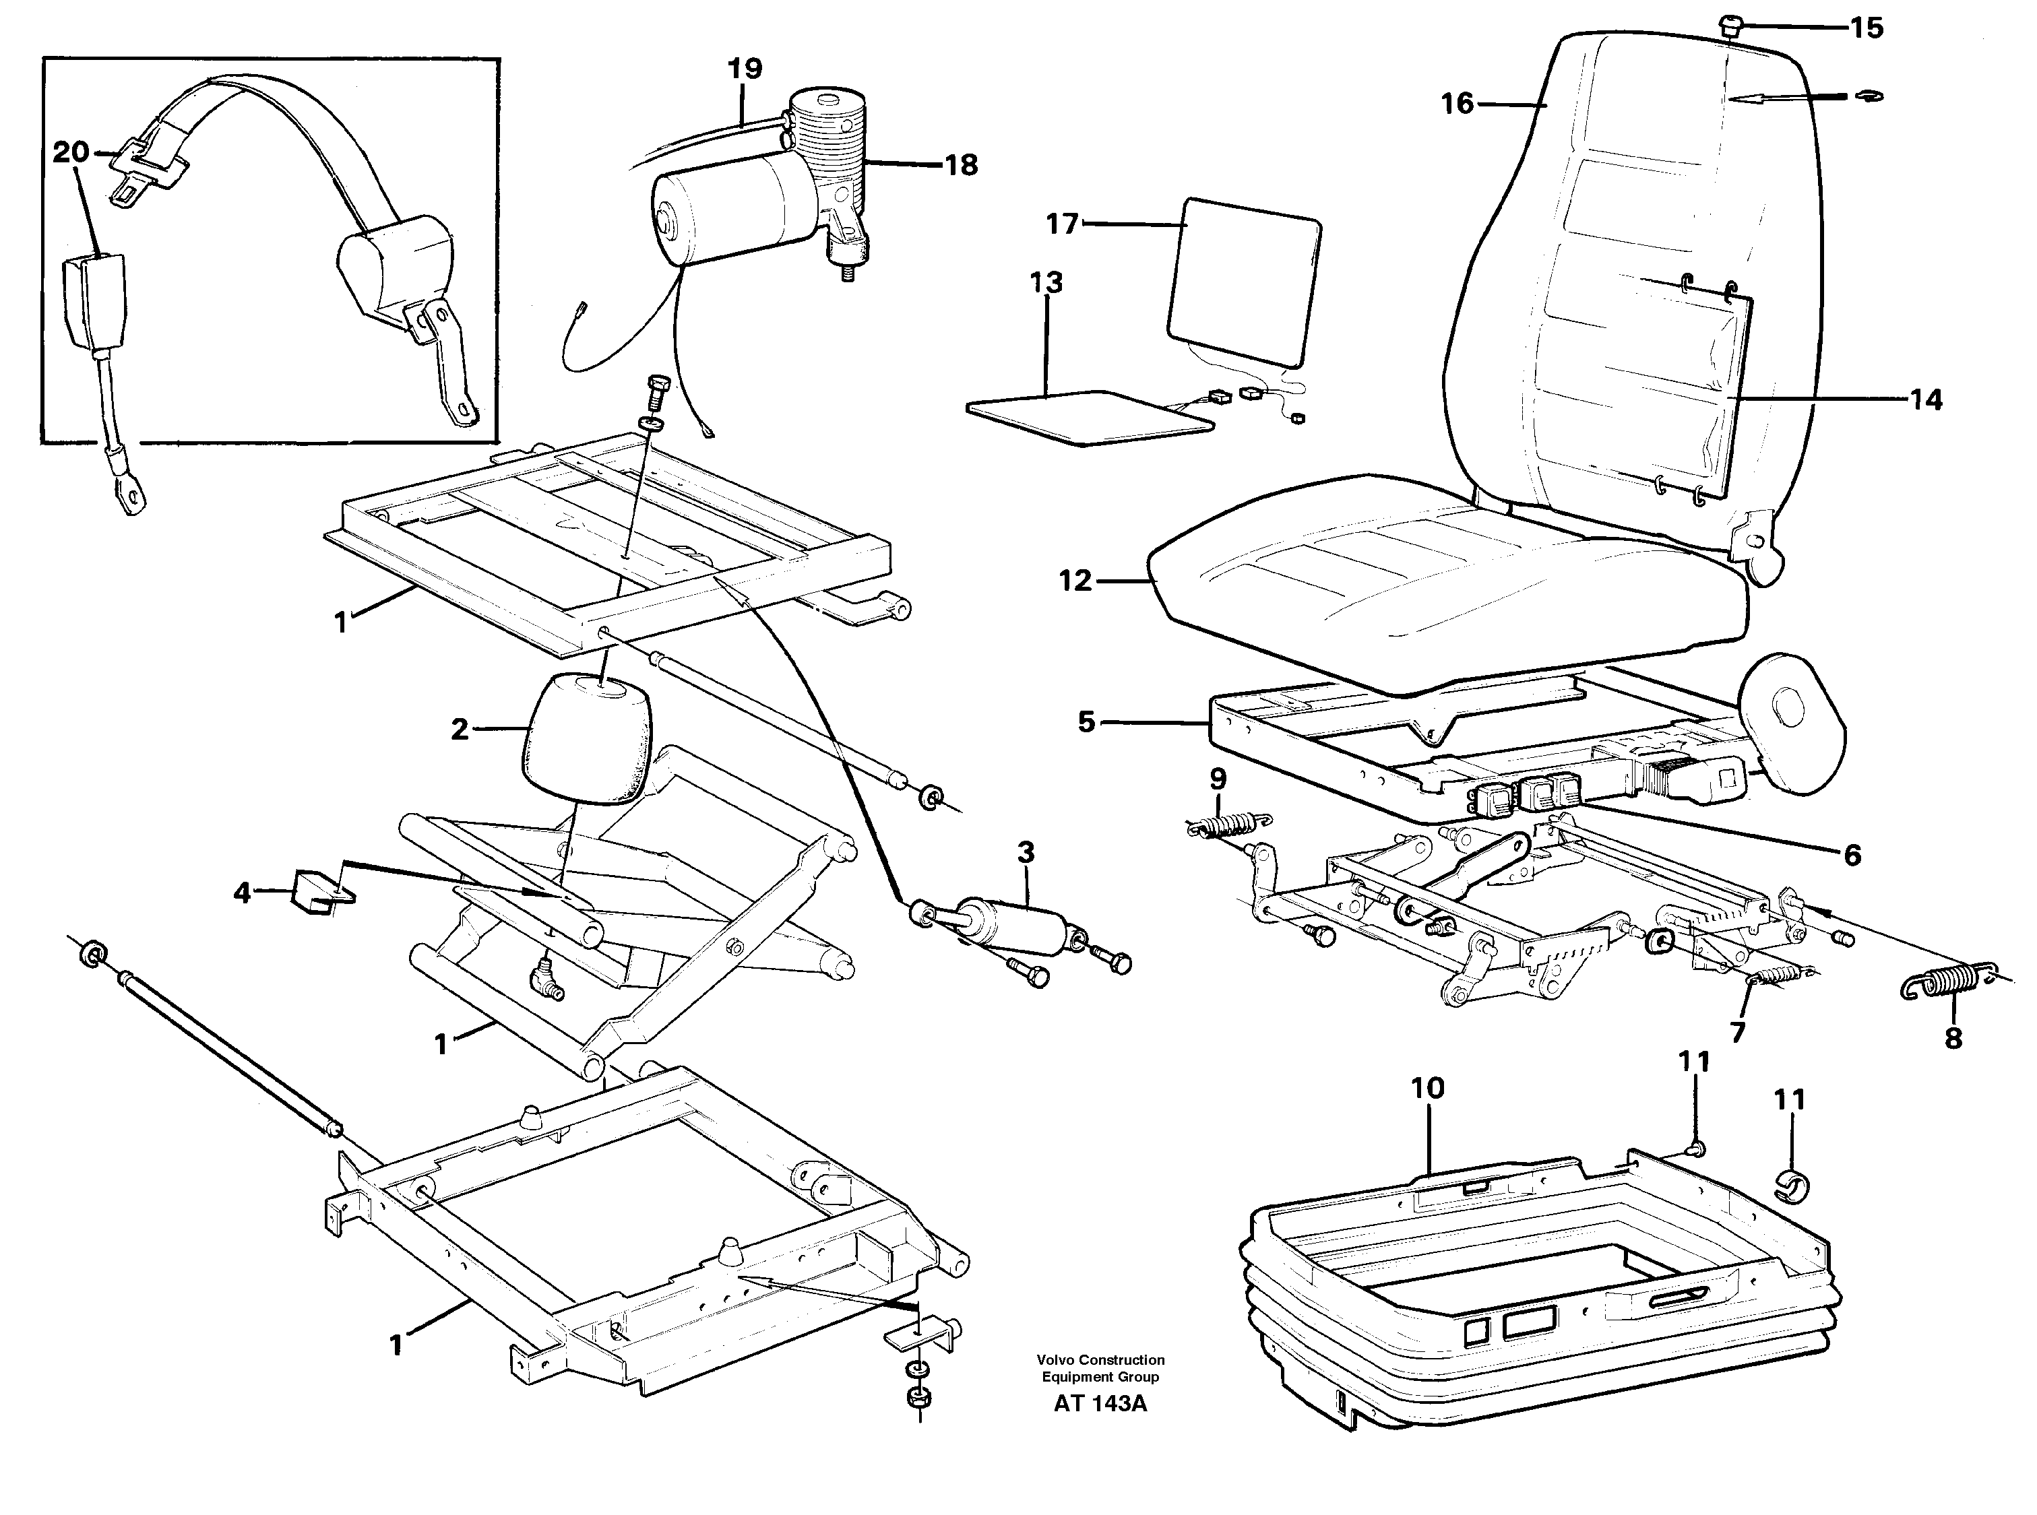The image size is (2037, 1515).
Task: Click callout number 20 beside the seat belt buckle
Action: pyautogui.click(x=71, y=152)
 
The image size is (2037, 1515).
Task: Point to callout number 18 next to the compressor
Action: pyautogui.click(x=960, y=165)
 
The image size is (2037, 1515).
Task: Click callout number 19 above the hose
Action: pyautogui.click(x=745, y=69)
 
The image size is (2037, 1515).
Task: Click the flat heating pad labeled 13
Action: pyautogui.click(x=1092, y=417)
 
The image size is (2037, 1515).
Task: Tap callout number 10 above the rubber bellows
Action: pyautogui.click(x=1427, y=1089)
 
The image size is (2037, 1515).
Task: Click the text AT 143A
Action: pyautogui.click(x=1100, y=1404)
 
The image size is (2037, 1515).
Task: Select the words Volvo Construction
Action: pyautogui.click(x=1100, y=1360)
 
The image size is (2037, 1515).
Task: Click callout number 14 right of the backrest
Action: pyautogui.click(x=1925, y=400)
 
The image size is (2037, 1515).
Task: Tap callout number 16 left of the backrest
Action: pyautogui.click(x=1456, y=104)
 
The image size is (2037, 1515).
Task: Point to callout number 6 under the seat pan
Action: pyautogui.click(x=1852, y=856)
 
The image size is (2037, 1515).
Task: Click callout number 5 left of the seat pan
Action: pyautogui.click(x=1086, y=723)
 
